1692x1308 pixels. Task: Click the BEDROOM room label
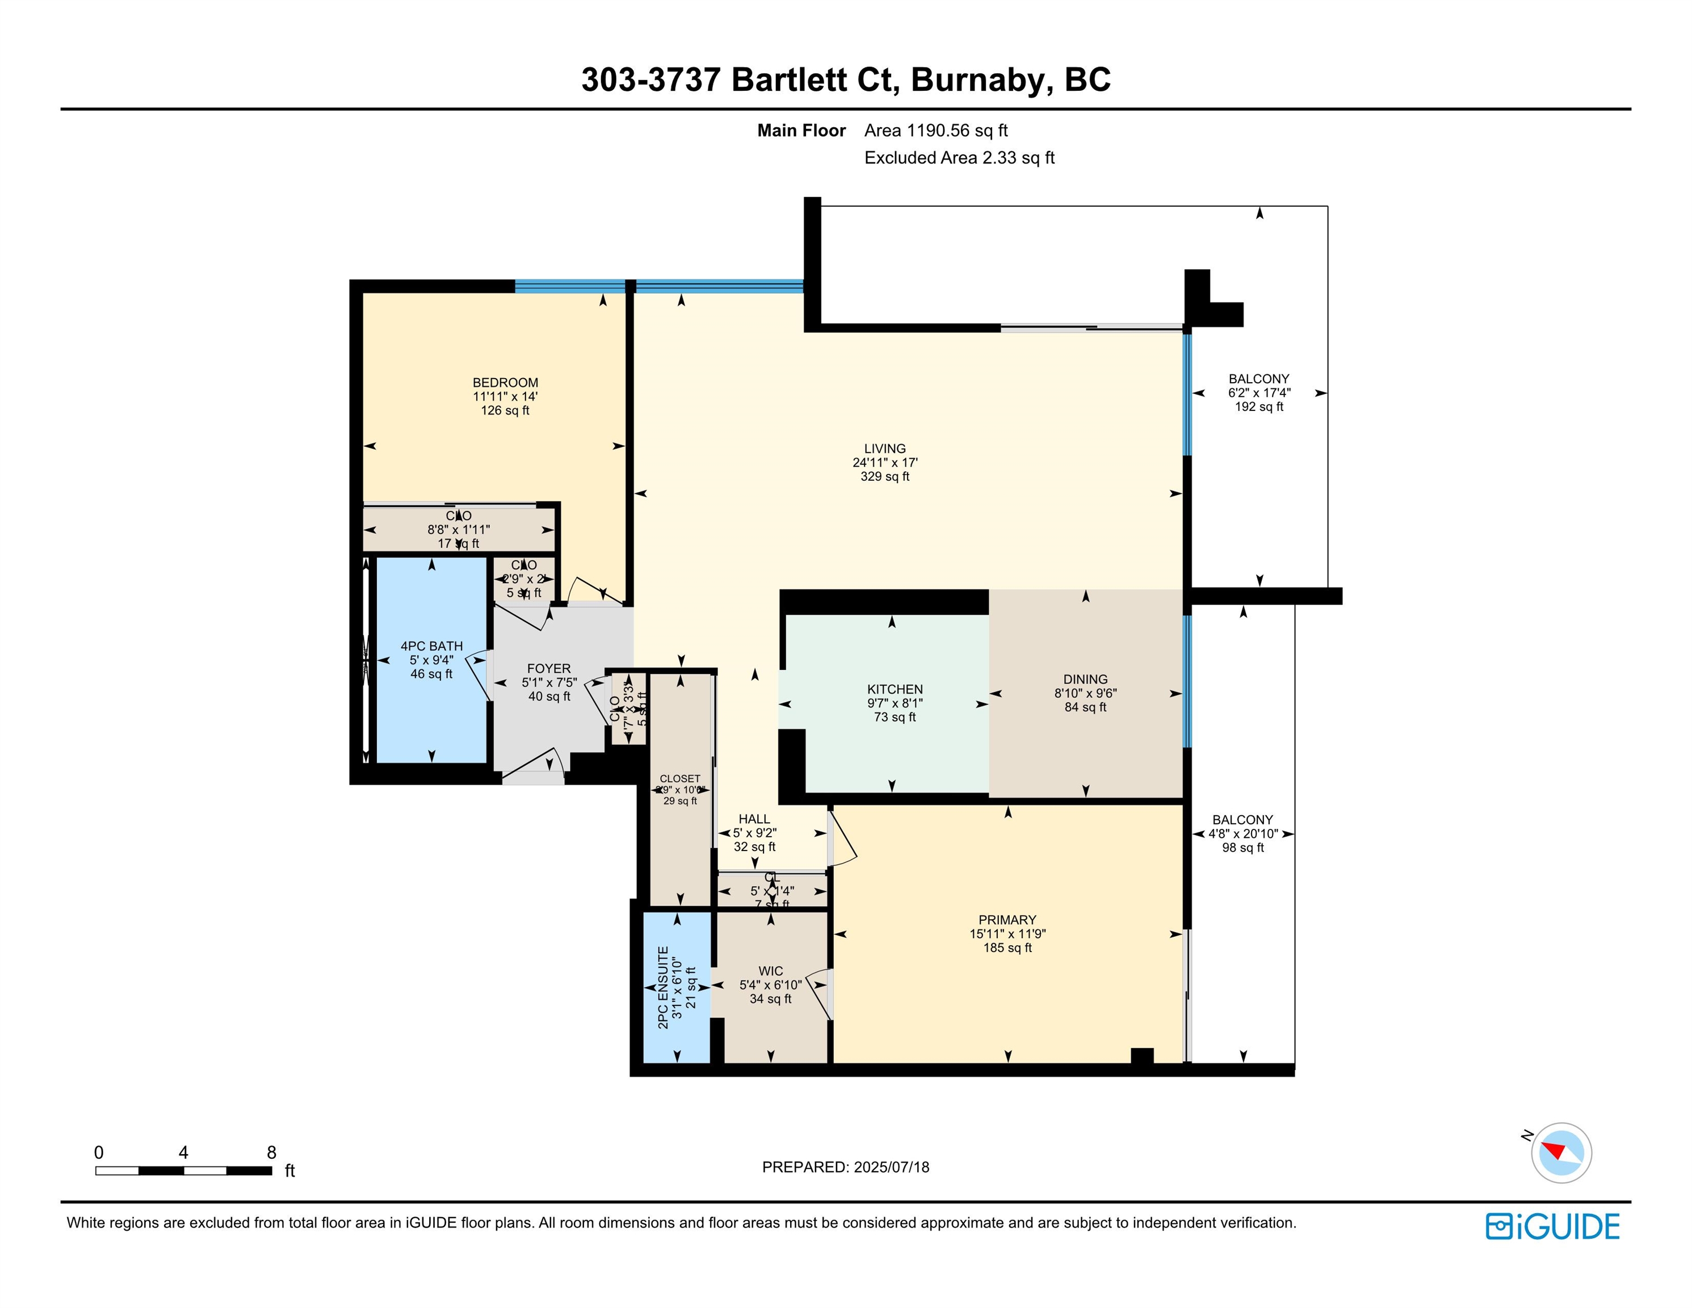(505, 382)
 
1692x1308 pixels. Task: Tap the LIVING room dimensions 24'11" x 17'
(885, 463)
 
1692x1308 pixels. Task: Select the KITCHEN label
(895, 689)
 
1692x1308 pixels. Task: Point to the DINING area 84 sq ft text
(1085, 707)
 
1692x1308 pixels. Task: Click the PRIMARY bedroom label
(1006, 920)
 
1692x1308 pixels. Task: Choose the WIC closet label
(770, 971)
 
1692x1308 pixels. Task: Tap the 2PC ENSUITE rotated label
(663, 987)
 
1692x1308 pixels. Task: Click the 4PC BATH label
(431, 645)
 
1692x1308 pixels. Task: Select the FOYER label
(548, 668)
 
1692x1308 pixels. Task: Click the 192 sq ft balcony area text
(1259, 407)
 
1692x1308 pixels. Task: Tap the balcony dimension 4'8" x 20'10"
(1242, 834)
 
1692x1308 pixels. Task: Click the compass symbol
(1561, 1152)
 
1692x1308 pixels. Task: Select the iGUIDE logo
(1552, 1227)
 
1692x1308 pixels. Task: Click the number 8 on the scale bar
(271, 1152)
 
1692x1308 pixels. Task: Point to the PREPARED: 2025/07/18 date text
(845, 1167)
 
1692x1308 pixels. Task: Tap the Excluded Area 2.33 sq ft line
(959, 158)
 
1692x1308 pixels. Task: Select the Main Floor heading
(801, 131)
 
